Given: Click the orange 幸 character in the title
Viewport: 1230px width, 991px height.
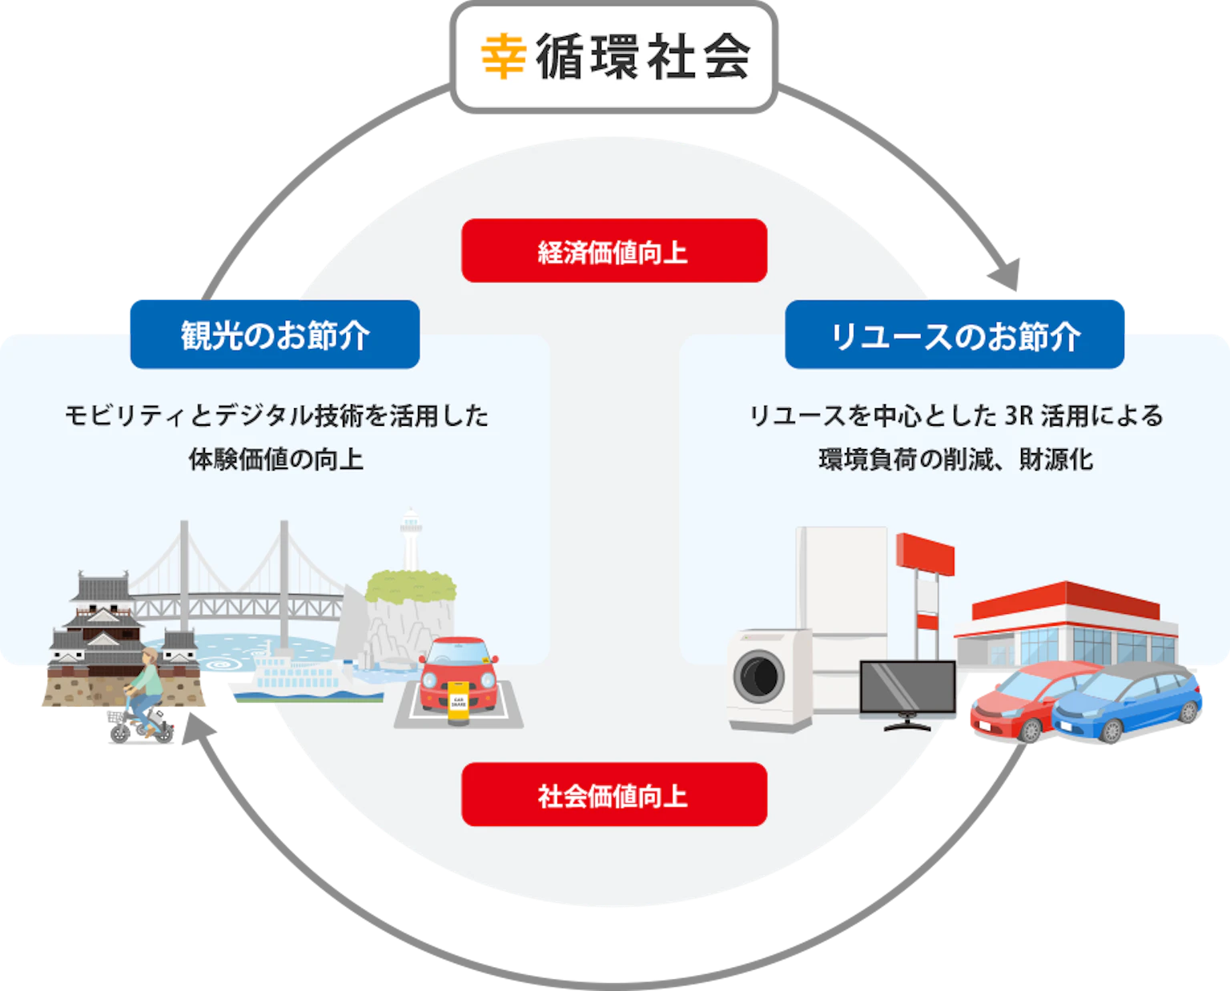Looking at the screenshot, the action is click(x=503, y=56).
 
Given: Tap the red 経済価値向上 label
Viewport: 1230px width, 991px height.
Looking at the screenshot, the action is click(x=614, y=251).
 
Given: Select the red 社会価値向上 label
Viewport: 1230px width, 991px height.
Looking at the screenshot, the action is click(x=614, y=794).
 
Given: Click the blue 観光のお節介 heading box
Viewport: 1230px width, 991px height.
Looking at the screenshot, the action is click(x=275, y=335).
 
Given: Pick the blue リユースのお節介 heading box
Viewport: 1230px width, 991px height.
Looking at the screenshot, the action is click(x=955, y=335).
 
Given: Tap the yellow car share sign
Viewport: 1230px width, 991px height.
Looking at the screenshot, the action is click(x=458, y=702).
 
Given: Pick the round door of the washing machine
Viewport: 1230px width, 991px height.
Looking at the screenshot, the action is click(x=759, y=676).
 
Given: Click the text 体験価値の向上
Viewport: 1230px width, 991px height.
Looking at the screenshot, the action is click(x=276, y=459).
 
